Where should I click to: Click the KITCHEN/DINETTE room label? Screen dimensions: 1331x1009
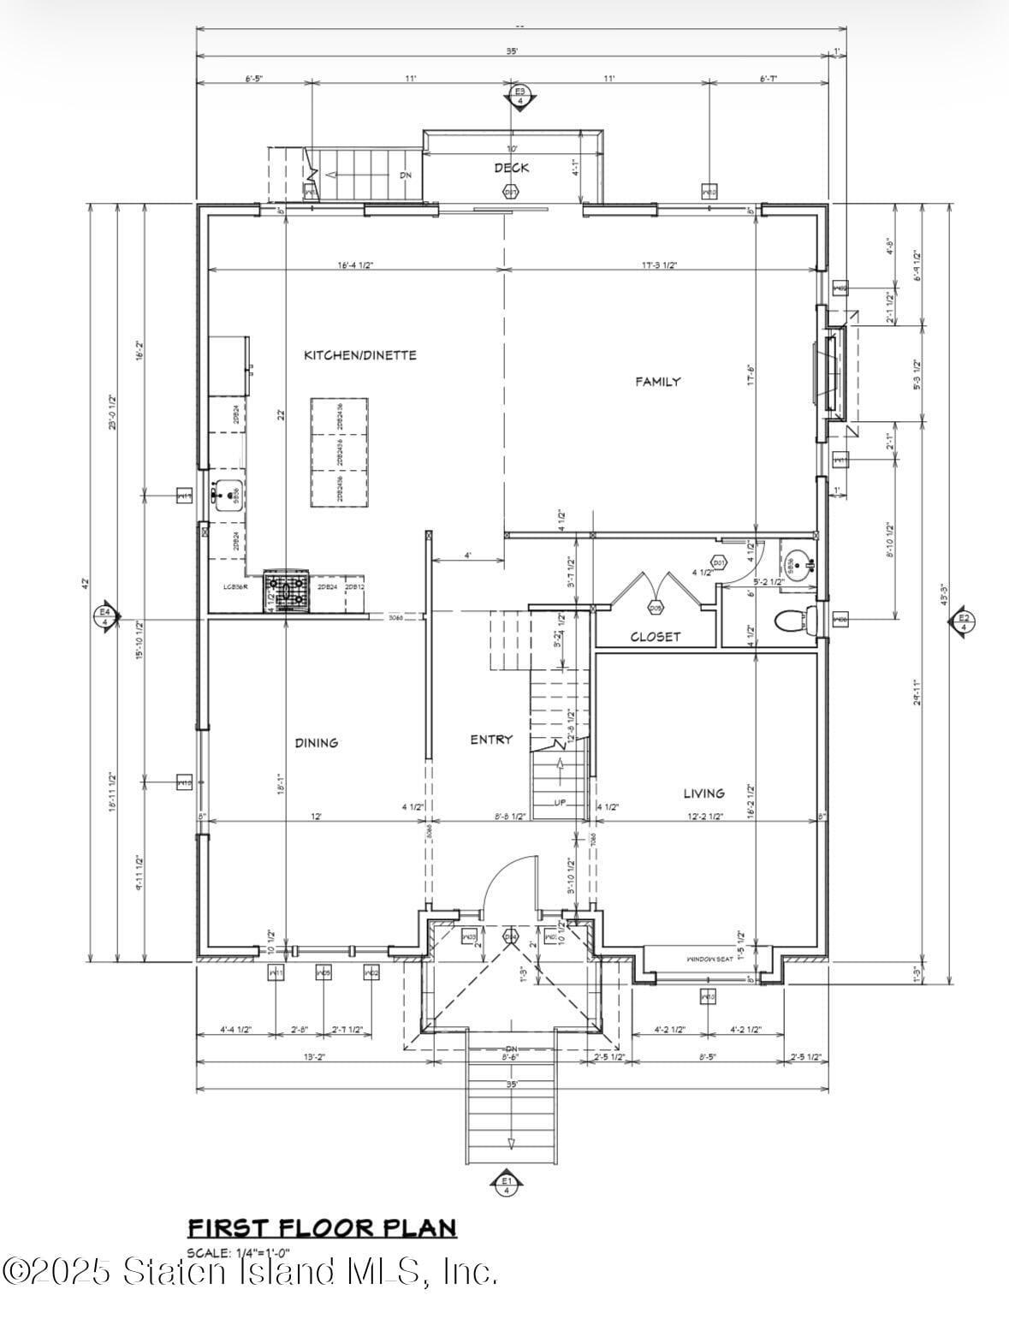[x=360, y=355]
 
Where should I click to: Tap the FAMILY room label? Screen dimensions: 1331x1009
[x=657, y=382]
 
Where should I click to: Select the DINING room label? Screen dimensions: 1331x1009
[x=317, y=743]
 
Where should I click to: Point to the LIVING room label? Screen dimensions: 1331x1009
[x=703, y=793]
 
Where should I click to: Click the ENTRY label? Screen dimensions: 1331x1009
[x=491, y=740]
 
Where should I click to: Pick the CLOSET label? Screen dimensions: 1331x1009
[x=656, y=637]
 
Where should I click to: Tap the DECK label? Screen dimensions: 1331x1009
[x=511, y=168]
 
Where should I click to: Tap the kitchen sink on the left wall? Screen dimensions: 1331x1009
[x=228, y=495]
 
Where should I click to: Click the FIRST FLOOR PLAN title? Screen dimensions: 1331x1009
[x=322, y=1227]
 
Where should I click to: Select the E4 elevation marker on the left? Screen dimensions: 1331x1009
[x=105, y=615]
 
